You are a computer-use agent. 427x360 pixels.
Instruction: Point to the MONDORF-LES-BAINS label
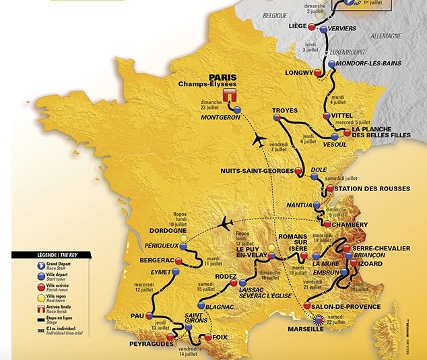pos(373,63)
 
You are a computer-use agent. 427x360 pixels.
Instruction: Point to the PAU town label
pos(138,314)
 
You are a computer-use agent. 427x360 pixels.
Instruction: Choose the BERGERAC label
pos(152,260)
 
